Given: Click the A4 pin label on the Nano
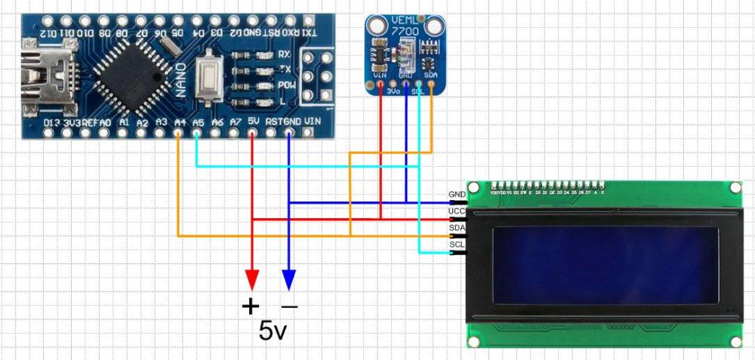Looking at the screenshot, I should coord(180,122).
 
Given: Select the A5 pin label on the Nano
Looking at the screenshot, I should coord(198,122).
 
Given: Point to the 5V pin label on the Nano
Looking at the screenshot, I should coord(254,121).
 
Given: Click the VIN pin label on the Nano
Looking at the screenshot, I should coord(312,121).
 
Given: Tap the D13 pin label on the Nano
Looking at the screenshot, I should coord(51,122).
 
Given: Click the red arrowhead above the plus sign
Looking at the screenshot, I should coord(251,280).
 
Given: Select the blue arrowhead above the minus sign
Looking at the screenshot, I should coord(288,280).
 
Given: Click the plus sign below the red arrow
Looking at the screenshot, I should coord(250,306).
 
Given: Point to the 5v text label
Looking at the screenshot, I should coord(273,330).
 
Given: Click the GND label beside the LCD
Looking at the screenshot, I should coord(456,194).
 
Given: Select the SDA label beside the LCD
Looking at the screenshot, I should coord(456,228).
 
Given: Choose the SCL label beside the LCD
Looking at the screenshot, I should coord(456,245).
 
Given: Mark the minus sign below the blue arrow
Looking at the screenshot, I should coord(289,306).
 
